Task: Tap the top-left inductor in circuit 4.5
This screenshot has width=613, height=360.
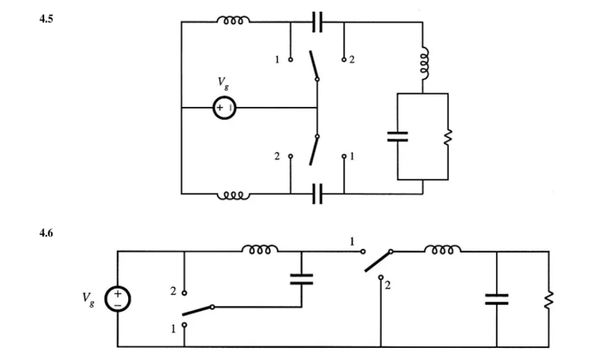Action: pos(233,21)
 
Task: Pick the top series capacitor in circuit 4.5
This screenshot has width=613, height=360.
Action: pos(317,22)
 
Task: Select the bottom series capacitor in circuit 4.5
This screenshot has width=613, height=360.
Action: pos(317,193)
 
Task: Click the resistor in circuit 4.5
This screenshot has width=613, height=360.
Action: pos(448,137)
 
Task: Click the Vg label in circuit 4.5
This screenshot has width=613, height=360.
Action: pos(223,83)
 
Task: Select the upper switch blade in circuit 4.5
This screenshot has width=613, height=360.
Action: pos(313,65)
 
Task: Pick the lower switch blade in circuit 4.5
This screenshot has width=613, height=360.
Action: pos(313,150)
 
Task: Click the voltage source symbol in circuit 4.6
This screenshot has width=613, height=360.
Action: pos(117,299)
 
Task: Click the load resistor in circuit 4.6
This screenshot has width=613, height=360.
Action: pos(548,299)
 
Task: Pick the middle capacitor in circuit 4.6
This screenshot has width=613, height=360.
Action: pos(302,279)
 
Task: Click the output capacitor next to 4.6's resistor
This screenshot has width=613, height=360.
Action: pos(497,299)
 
